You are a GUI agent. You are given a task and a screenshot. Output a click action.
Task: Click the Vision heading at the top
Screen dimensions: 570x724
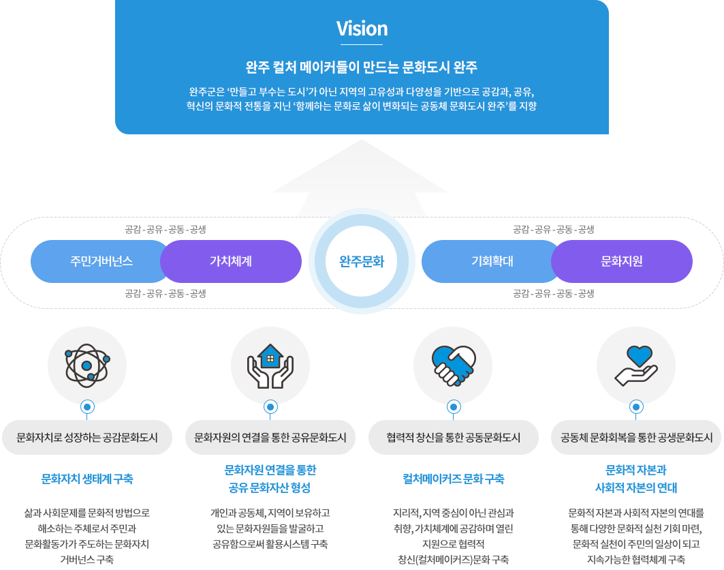pos(362,29)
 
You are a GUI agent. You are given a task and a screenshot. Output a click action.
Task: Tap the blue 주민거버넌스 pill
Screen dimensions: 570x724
pos(101,261)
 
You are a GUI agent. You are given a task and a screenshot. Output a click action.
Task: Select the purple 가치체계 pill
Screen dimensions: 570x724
pos(231,261)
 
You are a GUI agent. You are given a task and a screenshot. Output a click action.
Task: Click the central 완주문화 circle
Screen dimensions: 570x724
pos(362,262)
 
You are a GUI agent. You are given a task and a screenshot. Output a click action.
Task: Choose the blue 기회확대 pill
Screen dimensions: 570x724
pos(492,261)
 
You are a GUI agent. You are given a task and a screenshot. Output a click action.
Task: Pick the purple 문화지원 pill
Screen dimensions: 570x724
pos(622,261)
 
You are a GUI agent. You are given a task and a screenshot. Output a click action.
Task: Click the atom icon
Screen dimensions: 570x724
pos(87,365)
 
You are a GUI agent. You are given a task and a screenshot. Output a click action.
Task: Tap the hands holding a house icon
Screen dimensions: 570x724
pos(270,365)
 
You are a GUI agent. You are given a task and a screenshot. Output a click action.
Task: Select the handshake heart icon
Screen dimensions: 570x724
pos(454,365)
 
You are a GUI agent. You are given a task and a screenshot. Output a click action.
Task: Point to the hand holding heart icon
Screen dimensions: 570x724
pos(636,365)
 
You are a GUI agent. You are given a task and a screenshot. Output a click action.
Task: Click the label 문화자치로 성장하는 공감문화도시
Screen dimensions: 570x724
pos(87,437)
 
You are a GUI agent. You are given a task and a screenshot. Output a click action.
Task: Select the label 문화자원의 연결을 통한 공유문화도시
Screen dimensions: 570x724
pos(270,437)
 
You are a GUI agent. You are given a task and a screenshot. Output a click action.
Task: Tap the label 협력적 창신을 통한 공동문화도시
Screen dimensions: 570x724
pos(454,437)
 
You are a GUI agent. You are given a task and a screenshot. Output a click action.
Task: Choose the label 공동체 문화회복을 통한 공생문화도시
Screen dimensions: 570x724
pos(637,437)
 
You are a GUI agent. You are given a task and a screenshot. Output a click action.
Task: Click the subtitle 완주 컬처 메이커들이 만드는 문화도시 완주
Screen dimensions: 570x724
pos(362,68)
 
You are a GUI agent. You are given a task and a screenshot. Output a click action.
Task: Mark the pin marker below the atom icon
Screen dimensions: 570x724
pos(87,408)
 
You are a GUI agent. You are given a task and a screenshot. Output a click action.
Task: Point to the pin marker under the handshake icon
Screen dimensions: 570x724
pos(454,408)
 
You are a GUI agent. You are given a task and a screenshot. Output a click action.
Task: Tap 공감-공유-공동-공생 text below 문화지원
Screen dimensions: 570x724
pos(554,294)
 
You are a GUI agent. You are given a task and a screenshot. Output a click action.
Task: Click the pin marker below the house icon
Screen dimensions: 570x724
pos(270,408)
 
